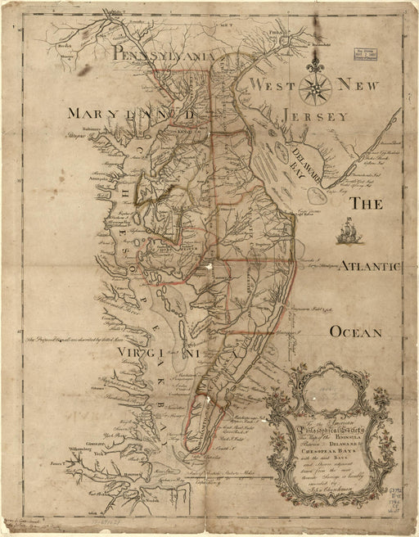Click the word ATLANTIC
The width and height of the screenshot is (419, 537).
(368, 266)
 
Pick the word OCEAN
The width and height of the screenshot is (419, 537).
(356, 332)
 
